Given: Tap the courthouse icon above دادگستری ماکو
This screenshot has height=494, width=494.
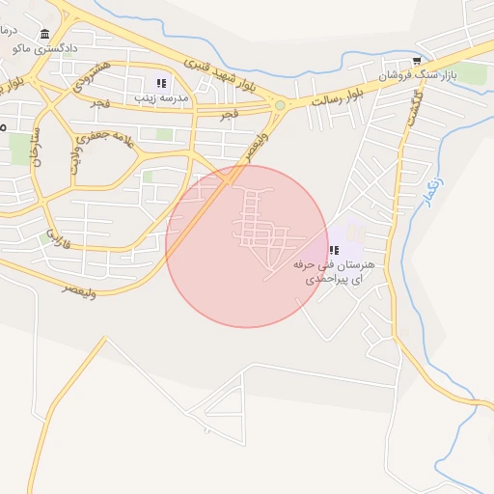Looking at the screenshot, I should pos(45,33).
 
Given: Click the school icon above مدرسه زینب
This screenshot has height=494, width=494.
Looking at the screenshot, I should pos(160,83).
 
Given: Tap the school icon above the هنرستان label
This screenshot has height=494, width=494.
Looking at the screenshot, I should pos(334,249).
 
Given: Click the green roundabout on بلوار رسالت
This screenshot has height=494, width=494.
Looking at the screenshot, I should pos(280,105).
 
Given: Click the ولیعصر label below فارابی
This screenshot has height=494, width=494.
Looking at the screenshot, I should pos(80,287).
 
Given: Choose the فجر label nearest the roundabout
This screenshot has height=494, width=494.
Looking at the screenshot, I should pos(229,114).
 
